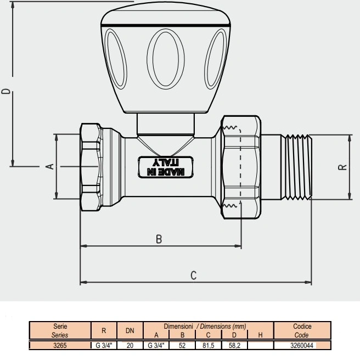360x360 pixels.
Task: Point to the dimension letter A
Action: pyautogui.click(x=50, y=166)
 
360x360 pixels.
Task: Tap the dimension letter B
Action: pyautogui.click(x=159, y=239)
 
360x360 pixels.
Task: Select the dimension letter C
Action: pyautogui.click(x=194, y=275)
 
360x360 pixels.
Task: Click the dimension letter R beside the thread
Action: pyautogui.click(x=342, y=167)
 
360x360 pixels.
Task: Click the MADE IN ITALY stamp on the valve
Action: pyautogui.click(x=166, y=167)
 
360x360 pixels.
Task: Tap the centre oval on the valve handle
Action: pyautogui.click(x=166, y=59)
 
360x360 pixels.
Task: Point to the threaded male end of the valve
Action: pyautogui.click(x=297, y=167)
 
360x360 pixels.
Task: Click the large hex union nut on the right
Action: pyautogui.click(x=240, y=167)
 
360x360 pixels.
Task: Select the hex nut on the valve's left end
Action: pyautogui.click(x=91, y=167)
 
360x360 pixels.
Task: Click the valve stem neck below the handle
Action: pyautogui.click(x=166, y=124)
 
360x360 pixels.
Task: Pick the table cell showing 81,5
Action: pyautogui.click(x=209, y=345)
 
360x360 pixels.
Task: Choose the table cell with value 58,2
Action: pyautogui.click(x=235, y=345)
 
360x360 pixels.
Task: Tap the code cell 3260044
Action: pyautogui.click(x=302, y=345)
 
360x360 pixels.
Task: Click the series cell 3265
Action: pyautogui.click(x=60, y=345)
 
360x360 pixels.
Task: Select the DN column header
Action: pyautogui.click(x=130, y=330)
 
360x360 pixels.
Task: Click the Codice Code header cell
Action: pyautogui.click(x=302, y=330)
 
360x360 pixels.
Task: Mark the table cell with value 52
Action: pyautogui.click(x=182, y=345)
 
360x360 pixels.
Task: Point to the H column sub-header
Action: pyautogui.click(x=260, y=335)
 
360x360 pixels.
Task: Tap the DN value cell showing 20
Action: pyautogui.click(x=130, y=345)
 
